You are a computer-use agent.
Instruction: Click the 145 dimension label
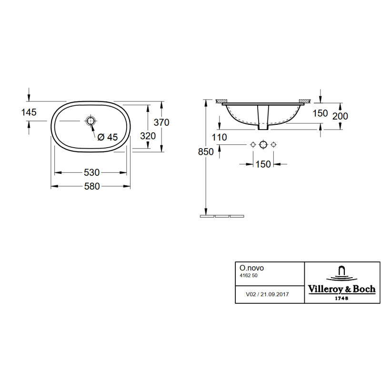(29, 112)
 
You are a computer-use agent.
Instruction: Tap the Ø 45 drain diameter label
(108, 137)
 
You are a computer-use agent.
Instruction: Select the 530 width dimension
(91, 172)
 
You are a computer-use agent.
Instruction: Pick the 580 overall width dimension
(92, 186)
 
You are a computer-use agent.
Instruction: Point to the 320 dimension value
(148, 136)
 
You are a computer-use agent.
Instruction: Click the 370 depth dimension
(161, 122)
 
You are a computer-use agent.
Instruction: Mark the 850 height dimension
(206, 152)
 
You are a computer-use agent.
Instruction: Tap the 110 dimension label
(219, 138)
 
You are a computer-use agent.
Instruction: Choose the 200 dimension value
(340, 116)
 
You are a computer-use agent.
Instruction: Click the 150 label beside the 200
(320, 113)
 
